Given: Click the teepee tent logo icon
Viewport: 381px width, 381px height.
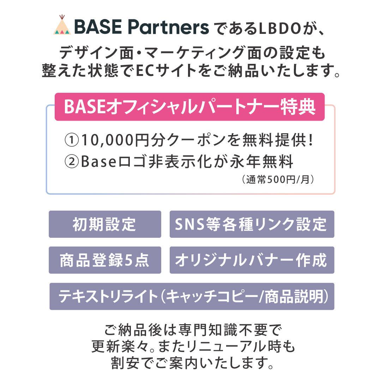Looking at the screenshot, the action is pyautogui.click(x=62, y=25).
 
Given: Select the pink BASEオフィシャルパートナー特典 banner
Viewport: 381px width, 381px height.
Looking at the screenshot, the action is pyautogui.click(x=189, y=107).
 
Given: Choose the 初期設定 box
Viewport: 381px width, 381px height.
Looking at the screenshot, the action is pyautogui.click(x=105, y=224).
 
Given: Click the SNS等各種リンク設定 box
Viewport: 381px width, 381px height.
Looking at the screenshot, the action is pyautogui.click(x=252, y=224).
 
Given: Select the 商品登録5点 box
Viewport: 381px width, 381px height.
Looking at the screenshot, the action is pyautogui.click(x=105, y=260).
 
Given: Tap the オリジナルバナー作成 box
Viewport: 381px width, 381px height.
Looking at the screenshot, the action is pyautogui.click(x=252, y=260).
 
